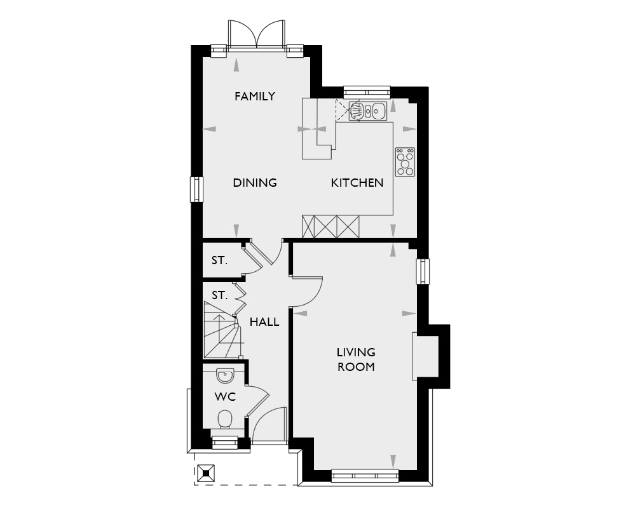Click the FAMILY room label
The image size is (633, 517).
point(254,97)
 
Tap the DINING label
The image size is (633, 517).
point(255,183)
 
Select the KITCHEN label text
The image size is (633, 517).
point(357,183)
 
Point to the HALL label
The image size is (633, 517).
point(264,322)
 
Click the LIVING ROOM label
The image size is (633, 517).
point(356,359)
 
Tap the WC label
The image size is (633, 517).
point(225,397)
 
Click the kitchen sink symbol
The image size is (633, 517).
point(368,111)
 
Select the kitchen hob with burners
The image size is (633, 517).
point(405,161)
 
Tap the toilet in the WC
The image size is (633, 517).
point(225,420)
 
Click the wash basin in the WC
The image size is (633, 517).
point(225,376)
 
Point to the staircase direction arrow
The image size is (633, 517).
point(218,321)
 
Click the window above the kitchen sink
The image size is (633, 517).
point(367,91)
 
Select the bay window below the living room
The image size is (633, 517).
point(365,475)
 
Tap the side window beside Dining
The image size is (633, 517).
point(196,189)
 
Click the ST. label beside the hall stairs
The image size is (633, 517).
point(219,295)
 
